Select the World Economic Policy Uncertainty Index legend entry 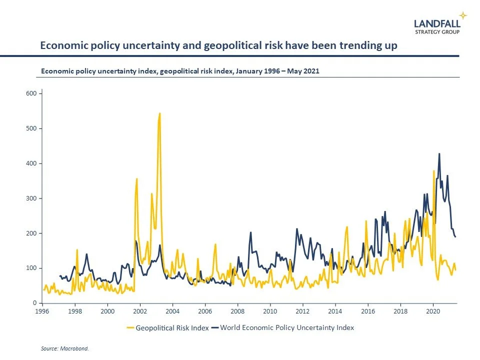pos(287,328)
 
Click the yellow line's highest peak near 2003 pos(159,113)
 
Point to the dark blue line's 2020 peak pos(439,154)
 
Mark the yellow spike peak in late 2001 pos(136,178)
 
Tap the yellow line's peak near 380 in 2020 pos(433,171)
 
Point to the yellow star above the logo pos(463,15)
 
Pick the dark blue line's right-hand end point pos(455,237)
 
